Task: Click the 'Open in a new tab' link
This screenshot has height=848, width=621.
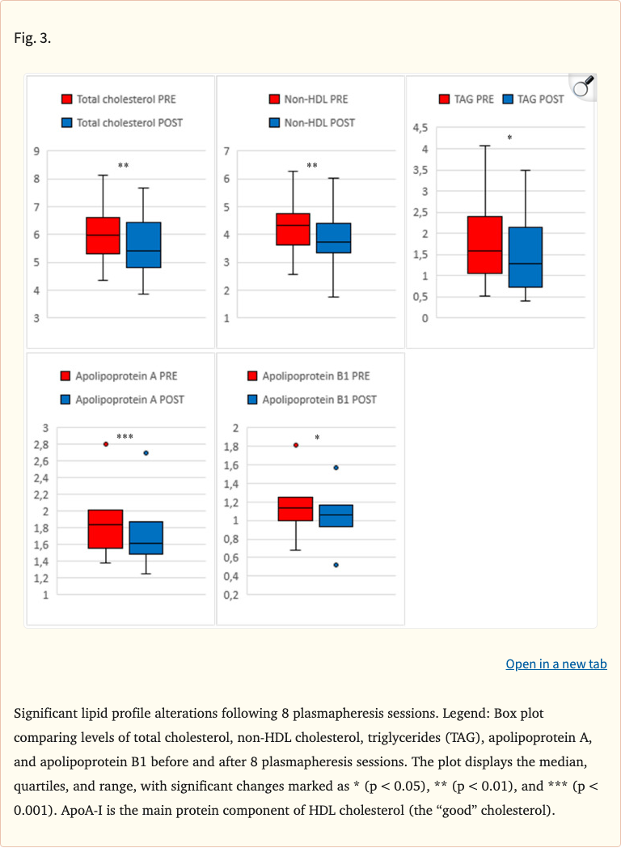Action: tap(556, 664)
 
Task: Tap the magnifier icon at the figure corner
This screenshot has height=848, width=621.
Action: tap(581, 87)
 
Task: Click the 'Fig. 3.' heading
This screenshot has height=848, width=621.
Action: tap(32, 38)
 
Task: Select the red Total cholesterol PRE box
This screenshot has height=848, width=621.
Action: tap(103, 235)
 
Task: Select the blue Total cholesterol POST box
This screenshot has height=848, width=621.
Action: tap(143, 244)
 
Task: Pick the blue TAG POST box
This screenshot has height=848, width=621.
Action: tap(525, 257)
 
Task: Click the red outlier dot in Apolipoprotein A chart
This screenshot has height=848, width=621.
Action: tap(106, 444)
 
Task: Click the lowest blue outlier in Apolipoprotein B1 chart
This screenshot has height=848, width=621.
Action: tap(336, 565)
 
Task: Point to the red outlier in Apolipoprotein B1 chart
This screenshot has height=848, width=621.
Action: tap(296, 445)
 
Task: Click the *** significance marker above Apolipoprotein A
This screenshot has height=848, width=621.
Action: tap(125, 438)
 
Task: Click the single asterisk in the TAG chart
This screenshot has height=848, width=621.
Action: tap(509, 138)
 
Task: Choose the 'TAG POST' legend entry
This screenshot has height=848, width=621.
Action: tap(533, 99)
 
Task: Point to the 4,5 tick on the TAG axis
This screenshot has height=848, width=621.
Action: tap(420, 128)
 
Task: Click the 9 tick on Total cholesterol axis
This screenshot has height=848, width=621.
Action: tap(36, 151)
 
